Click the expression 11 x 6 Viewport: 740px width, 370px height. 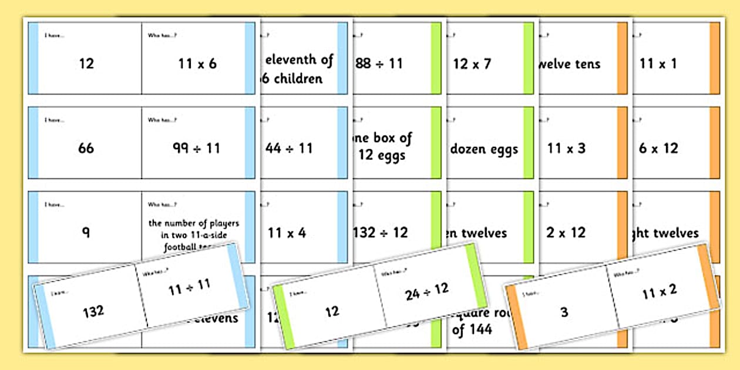tap(197, 63)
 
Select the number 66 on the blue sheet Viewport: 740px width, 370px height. tap(86, 148)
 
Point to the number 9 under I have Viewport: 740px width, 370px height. tap(86, 232)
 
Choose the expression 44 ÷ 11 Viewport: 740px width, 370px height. tap(290, 148)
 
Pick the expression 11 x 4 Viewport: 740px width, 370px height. tap(287, 233)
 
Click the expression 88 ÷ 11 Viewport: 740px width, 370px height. tap(379, 63)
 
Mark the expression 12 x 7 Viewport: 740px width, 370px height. tap(472, 63)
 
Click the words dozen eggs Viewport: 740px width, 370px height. tap(484, 149)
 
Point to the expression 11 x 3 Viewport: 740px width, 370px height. tap(566, 148)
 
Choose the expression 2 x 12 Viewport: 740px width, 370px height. tap(566, 233)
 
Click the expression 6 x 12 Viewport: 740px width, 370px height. tap(658, 148)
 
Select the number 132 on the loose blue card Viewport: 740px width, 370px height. tap(93, 311)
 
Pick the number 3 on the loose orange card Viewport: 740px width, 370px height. tap(564, 312)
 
